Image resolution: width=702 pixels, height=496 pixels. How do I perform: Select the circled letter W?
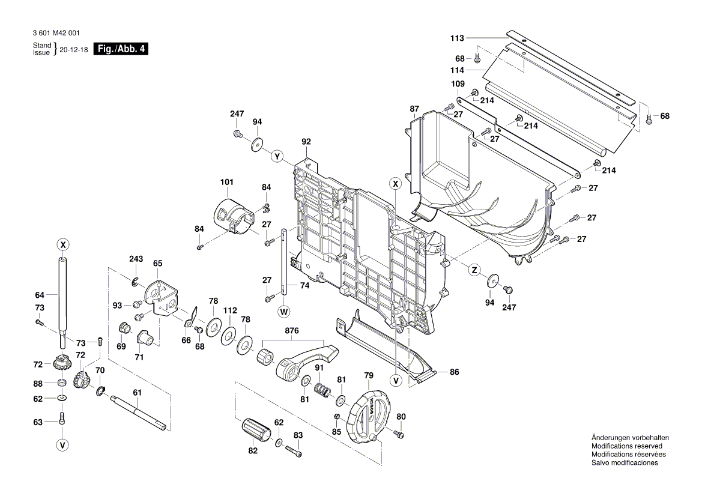[x=283, y=311]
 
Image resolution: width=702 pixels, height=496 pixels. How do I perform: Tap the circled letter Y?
[x=277, y=157]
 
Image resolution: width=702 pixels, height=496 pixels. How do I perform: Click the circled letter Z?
[x=474, y=271]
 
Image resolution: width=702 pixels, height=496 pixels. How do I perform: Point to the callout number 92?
[x=306, y=142]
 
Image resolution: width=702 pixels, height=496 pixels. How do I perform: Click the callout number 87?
[x=414, y=109]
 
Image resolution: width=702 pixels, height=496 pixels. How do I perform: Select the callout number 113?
[x=458, y=38]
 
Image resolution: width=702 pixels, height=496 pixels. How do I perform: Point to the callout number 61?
[x=137, y=392]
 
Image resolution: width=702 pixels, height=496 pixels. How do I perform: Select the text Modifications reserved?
[x=626, y=446]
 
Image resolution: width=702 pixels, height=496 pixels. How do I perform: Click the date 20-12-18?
[x=74, y=49]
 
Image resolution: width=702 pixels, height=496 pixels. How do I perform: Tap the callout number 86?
[x=454, y=372]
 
